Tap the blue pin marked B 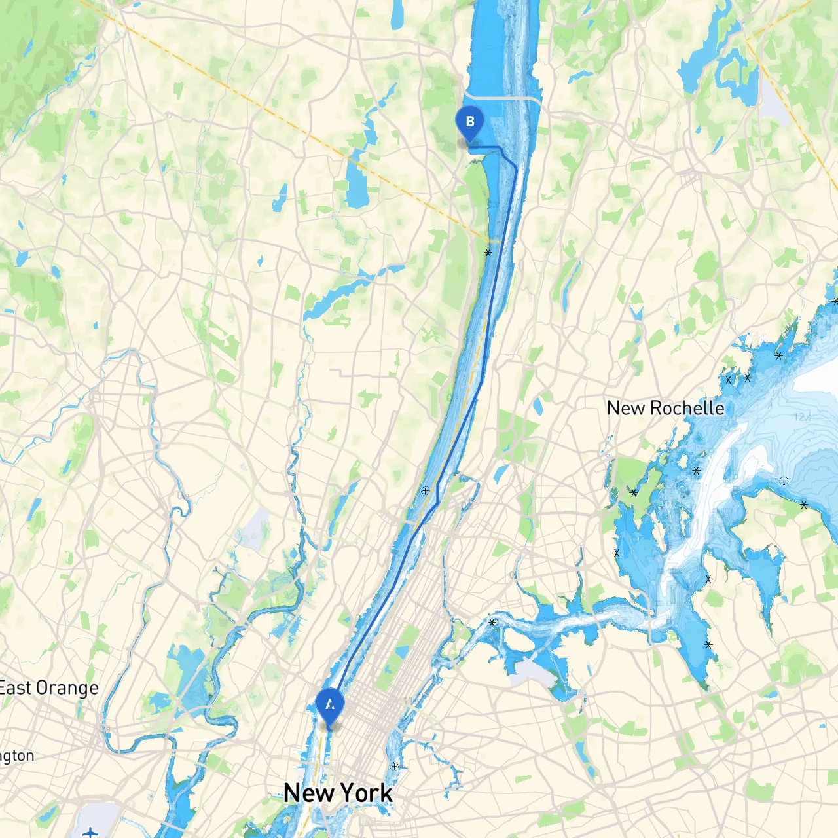click(469, 122)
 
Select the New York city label click(338, 793)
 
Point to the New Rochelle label click(665, 408)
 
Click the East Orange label click(49, 688)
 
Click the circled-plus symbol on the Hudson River click(426, 490)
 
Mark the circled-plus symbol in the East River click(394, 766)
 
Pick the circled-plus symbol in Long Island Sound click(784, 481)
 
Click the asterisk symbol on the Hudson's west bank click(488, 252)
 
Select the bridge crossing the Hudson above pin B click(504, 98)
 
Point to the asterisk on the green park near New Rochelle click(634, 492)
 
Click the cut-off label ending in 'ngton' click(17, 756)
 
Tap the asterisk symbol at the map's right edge click(835, 302)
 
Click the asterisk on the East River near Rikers click(492, 622)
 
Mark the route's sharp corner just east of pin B click(502, 150)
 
